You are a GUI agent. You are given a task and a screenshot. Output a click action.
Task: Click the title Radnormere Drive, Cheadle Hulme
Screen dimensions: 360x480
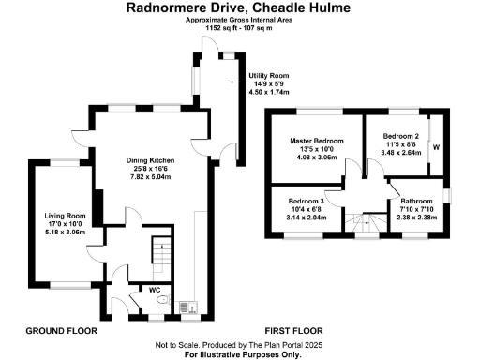239,7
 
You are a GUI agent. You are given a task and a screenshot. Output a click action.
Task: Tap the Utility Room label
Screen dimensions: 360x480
268,74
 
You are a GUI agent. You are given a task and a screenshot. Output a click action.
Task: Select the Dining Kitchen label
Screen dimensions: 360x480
151,160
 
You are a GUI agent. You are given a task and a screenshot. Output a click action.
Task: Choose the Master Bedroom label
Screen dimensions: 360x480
316,141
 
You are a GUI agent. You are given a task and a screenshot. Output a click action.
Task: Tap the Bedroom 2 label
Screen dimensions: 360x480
400,136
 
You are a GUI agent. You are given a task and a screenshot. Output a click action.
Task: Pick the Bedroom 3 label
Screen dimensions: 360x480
306,202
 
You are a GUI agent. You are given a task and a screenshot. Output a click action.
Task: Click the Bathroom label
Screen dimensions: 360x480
416,201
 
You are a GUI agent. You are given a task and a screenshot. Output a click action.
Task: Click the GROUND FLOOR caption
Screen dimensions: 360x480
62,331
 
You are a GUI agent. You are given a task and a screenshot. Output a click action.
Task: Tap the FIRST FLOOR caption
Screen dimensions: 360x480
293,331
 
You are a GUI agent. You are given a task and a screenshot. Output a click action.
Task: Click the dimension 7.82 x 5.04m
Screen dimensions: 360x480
151,176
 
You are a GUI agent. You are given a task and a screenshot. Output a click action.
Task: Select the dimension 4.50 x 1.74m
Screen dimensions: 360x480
268,92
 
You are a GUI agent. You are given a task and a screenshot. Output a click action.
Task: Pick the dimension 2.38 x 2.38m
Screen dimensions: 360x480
416,217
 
